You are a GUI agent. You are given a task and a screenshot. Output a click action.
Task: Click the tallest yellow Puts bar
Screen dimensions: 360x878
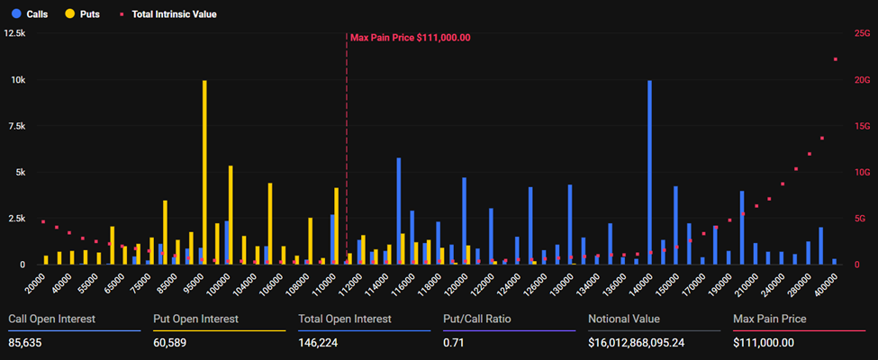coord(204,171)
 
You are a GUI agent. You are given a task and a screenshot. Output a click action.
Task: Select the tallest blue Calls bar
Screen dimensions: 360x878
coord(649,171)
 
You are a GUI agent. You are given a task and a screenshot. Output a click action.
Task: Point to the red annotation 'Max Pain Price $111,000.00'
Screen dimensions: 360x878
coord(410,37)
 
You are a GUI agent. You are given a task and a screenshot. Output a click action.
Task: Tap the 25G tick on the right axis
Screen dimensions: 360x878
coord(861,33)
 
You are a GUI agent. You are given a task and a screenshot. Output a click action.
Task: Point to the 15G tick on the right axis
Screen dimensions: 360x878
coord(861,126)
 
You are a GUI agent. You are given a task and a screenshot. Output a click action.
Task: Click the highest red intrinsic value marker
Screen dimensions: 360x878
coord(835,59)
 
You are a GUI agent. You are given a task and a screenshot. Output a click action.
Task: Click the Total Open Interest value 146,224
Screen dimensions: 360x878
coord(322,343)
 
